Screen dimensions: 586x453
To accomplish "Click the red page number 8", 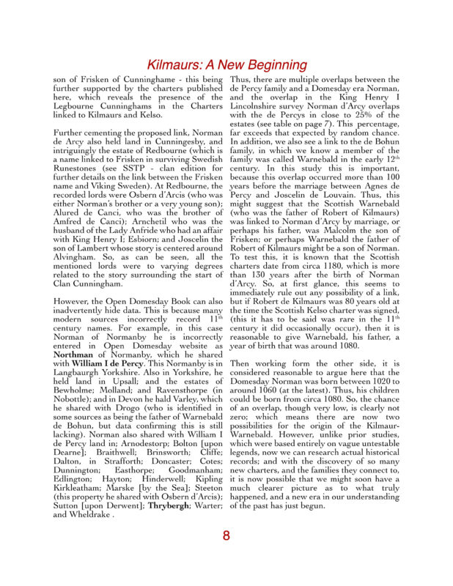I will pos(226,535).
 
